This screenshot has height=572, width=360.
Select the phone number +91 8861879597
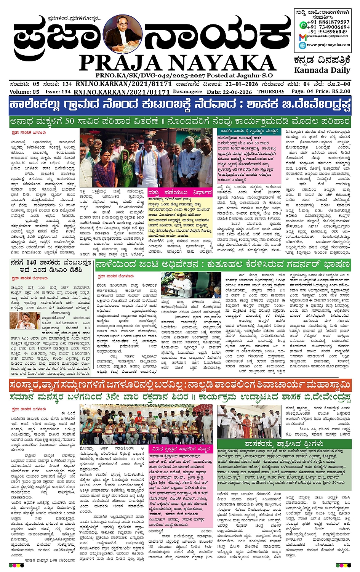328,22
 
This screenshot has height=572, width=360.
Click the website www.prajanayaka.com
328,45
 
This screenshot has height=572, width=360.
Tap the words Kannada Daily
322,70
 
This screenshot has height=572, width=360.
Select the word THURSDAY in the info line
271,92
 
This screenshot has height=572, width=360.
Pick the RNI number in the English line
122,92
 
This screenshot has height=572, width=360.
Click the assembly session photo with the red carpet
190,285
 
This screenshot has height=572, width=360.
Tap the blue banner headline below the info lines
180,105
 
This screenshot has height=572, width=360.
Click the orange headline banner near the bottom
180,386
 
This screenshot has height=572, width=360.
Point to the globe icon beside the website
302,45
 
